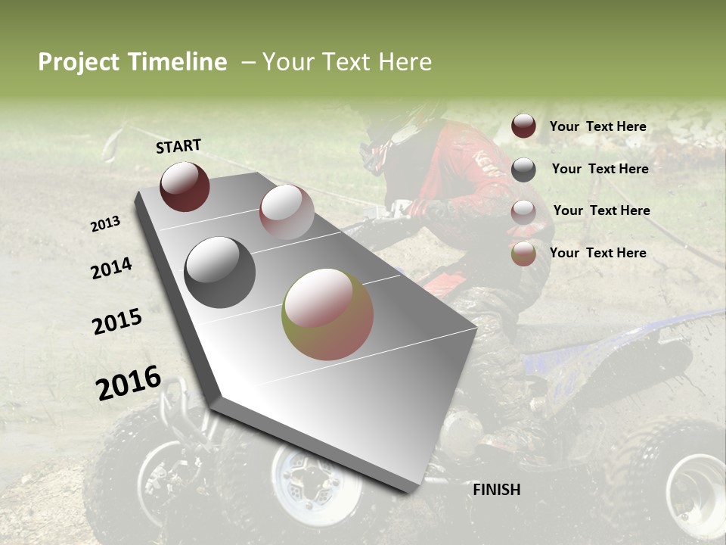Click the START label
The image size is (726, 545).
click(x=178, y=146)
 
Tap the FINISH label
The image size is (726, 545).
click(x=496, y=490)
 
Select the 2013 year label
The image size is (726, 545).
click(x=105, y=224)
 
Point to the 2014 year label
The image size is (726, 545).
click(x=111, y=269)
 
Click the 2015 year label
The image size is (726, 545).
click(x=116, y=322)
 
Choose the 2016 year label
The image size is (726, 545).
click(x=129, y=383)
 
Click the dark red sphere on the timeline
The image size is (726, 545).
click(x=185, y=186)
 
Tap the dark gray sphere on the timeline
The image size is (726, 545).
click(x=219, y=272)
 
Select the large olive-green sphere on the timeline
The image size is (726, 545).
click(x=327, y=314)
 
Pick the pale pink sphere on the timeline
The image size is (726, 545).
click(x=286, y=212)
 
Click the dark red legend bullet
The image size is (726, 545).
click(x=523, y=126)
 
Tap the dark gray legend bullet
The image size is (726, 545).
click(x=523, y=170)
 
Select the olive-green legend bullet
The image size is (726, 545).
click(x=523, y=254)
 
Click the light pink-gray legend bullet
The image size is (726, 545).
click(x=523, y=211)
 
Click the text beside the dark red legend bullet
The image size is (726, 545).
click(x=597, y=126)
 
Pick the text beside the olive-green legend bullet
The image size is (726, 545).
click(x=597, y=253)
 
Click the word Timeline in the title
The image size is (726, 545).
click(x=178, y=62)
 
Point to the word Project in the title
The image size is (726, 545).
click(x=78, y=62)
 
